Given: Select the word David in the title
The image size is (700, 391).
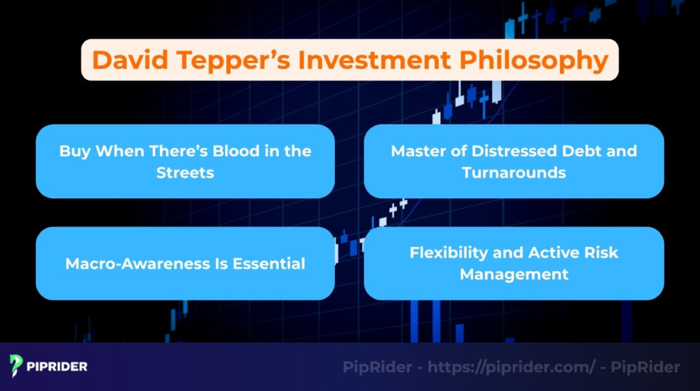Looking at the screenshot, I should click(128, 60).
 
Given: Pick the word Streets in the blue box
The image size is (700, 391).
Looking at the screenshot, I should click(185, 172).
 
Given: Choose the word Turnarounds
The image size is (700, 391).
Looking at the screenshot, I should click(514, 172).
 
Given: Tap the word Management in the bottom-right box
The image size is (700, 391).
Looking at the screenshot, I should click(514, 274).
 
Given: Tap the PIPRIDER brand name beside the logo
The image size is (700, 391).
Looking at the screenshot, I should click(58, 366).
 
